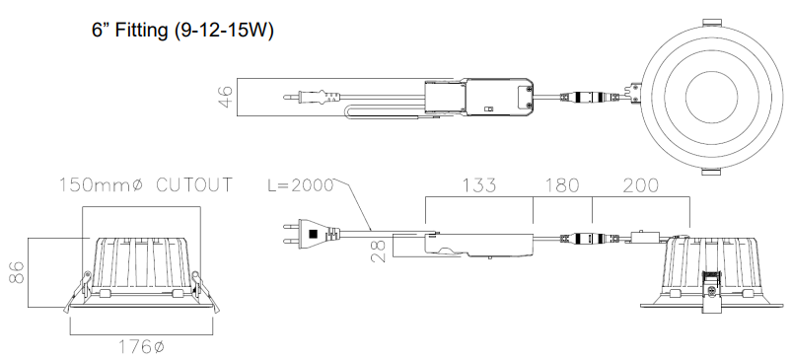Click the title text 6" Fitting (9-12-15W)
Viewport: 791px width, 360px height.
[182, 31]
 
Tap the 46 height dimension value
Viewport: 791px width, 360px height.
[226, 97]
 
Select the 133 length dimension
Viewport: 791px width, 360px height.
[479, 185]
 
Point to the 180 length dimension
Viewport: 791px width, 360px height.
[562, 185]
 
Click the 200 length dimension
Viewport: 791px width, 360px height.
[641, 185]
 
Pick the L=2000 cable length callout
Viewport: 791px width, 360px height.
[300, 185]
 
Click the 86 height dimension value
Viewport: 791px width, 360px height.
[17, 272]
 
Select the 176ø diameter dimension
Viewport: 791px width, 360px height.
[142, 347]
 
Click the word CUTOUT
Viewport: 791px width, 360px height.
[194, 185]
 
